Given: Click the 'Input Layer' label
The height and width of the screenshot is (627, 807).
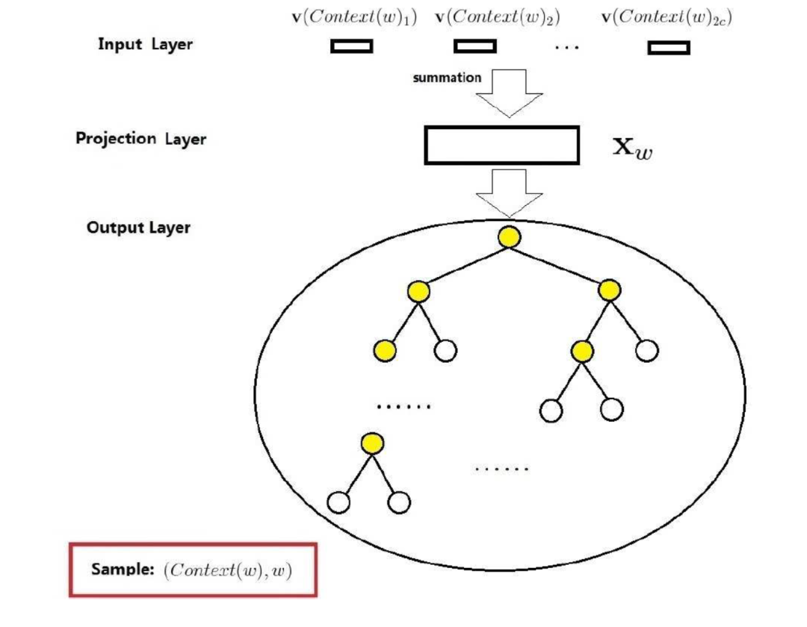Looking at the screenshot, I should coord(145,44).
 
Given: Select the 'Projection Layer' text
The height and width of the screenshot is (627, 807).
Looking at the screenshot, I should coord(140,139).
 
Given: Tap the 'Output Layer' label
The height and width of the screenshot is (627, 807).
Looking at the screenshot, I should coord(138,227).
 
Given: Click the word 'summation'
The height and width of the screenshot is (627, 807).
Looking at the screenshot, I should coord(447,77).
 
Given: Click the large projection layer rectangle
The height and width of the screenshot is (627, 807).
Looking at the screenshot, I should coord(501,145).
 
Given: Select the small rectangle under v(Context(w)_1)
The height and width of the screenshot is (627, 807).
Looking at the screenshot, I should coord(351,47).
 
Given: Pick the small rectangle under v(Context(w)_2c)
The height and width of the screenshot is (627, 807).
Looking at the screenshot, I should coord(669,48).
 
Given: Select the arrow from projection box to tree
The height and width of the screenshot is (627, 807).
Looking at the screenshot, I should coord(510,192).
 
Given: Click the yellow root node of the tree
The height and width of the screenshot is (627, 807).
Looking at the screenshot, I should coord(509,237).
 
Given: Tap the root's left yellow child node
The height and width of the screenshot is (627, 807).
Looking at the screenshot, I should coord(419,291).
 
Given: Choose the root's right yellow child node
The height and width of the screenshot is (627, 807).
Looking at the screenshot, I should coord(610,290).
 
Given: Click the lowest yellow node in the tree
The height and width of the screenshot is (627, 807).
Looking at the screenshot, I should coord(371,444).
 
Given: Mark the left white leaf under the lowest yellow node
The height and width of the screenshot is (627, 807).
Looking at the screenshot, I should coord(339,502).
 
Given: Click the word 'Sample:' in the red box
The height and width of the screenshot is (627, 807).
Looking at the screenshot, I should coord(122,570).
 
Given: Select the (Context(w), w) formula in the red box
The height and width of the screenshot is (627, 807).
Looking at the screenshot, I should coord(228,570).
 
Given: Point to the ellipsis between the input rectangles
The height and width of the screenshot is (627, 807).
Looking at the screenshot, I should coord(567,48).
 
